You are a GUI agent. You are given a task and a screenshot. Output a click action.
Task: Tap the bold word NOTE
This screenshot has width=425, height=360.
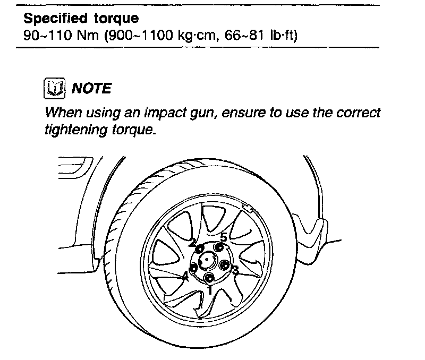pos(91,88)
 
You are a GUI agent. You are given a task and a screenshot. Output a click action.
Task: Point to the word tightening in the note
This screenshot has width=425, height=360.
pos(72,130)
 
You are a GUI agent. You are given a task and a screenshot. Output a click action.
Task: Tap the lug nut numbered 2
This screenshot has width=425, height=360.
pos(199,248)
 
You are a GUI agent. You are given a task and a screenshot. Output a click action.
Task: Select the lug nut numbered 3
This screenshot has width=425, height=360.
pos(224,265)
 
